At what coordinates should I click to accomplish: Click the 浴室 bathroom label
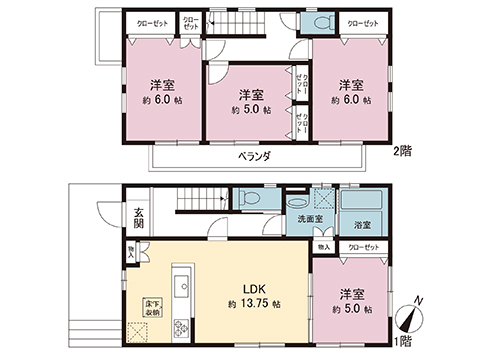click(361, 227)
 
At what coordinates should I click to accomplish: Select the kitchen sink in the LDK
click(181, 288)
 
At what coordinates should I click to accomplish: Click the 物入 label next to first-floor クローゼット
click(323, 246)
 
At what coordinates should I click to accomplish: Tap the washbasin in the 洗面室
click(300, 199)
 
